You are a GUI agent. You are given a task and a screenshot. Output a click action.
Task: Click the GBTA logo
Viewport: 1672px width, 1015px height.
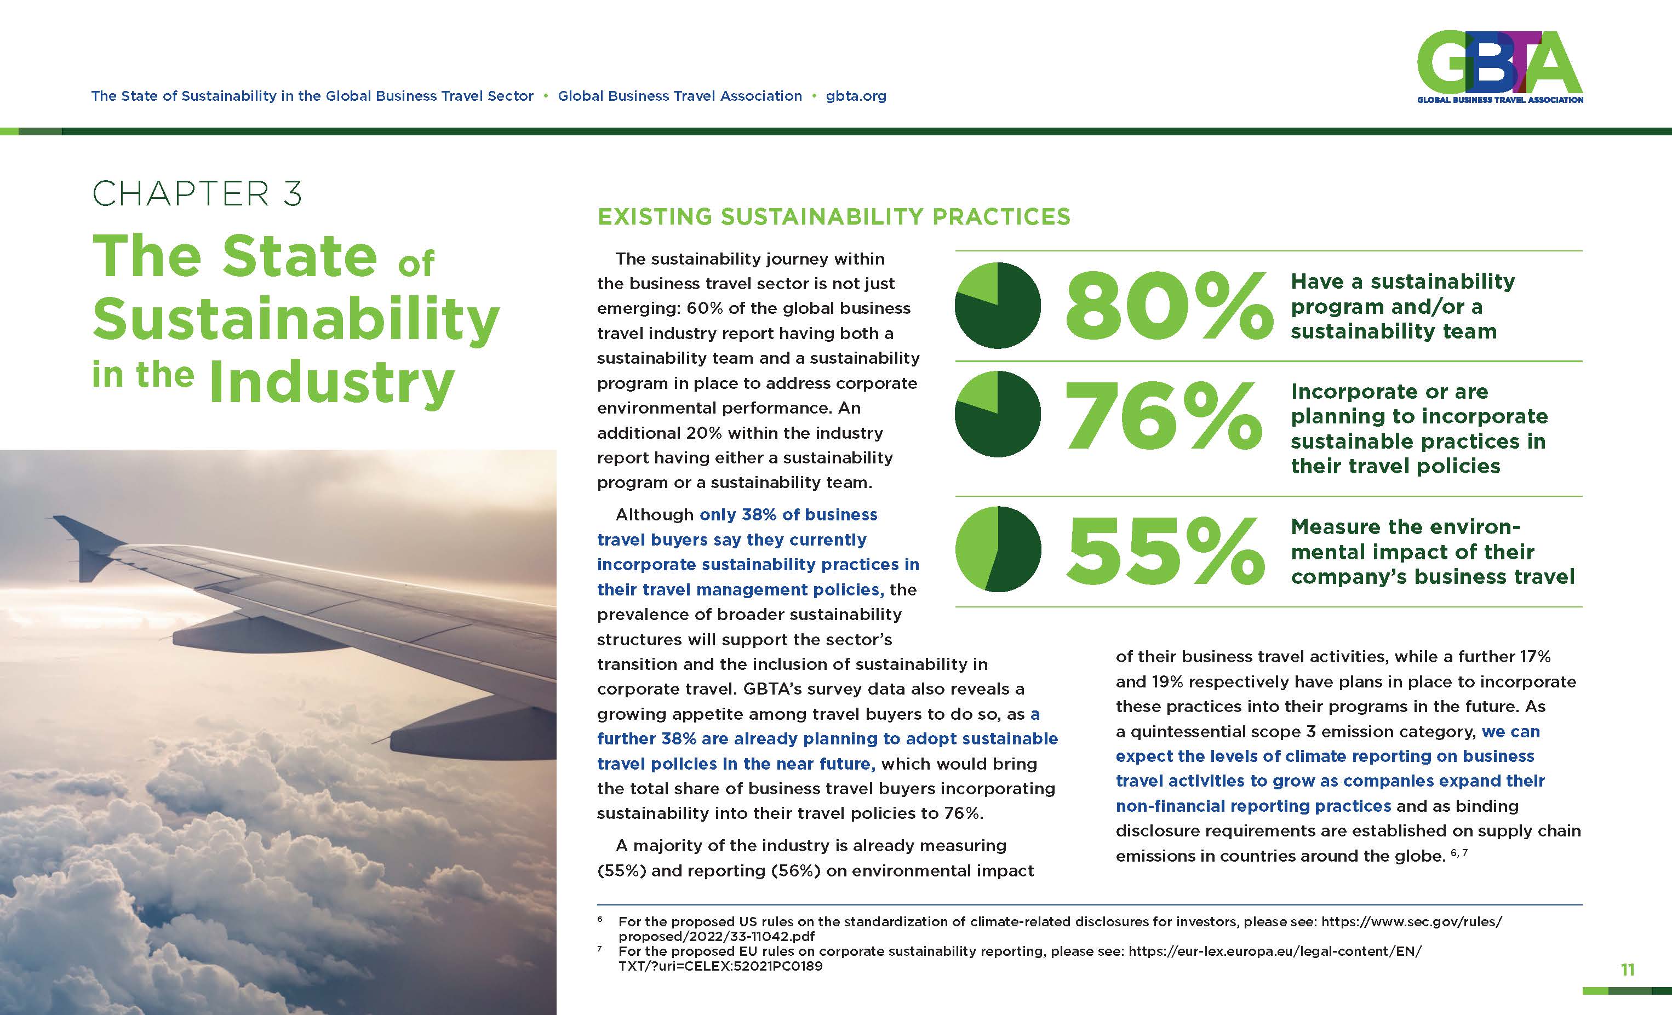tap(1499, 66)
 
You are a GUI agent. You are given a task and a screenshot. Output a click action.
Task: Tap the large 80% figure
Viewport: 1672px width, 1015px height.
tap(1169, 306)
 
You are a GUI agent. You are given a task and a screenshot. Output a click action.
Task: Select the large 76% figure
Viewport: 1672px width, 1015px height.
tap(1163, 415)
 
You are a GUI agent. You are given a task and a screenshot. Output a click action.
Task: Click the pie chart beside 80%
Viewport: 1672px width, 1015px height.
tap(998, 305)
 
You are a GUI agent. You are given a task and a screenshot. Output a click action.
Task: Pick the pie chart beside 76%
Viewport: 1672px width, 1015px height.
tap(998, 414)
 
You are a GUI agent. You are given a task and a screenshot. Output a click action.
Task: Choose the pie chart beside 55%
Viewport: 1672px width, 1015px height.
tap(998, 549)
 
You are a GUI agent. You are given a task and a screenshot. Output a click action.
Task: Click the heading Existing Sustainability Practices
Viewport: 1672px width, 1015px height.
tap(833, 216)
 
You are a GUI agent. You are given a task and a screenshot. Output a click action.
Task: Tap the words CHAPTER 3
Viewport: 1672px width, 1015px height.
tap(197, 194)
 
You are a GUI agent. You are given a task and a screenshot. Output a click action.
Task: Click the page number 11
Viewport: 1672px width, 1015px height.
tap(1627, 970)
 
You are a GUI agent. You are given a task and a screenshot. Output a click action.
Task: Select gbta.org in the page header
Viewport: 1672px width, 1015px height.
tap(856, 96)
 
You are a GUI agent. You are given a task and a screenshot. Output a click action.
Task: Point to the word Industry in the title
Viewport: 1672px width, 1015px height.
tap(332, 383)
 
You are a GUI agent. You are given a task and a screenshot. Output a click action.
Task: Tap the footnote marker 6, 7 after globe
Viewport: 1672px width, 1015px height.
tap(1459, 852)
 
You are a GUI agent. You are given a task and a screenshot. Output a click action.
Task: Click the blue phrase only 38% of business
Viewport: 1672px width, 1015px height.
tap(788, 515)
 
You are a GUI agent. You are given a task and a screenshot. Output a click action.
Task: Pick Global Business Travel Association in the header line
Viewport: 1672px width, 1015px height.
tap(680, 96)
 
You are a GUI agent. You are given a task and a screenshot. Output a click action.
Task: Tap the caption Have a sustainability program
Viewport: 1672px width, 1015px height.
tap(1402, 306)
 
